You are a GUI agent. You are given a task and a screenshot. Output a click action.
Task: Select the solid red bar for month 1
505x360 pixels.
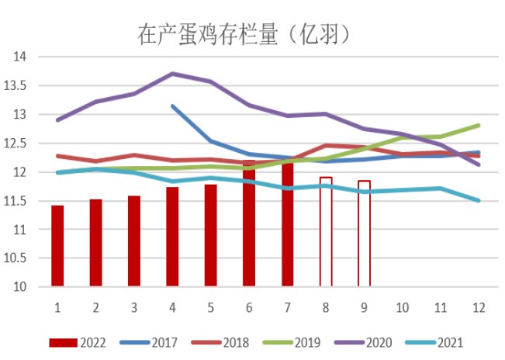coord(57,246)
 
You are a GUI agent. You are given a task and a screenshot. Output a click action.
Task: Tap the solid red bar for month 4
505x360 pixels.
coord(172,237)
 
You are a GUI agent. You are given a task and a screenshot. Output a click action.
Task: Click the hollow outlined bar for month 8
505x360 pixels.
coord(326,232)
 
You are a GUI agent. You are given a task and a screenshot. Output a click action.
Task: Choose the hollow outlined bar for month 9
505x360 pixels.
coord(364,234)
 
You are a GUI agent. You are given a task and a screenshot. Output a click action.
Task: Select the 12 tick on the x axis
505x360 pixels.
coord(479,307)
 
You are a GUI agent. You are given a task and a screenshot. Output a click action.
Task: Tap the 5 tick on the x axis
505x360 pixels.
coord(210,307)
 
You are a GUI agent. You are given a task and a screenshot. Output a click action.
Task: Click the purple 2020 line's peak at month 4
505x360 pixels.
coord(172,74)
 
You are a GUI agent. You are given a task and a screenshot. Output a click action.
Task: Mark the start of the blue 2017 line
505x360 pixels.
coord(172,106)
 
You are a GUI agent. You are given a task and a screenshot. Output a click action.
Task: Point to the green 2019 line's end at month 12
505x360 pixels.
coord(479,125)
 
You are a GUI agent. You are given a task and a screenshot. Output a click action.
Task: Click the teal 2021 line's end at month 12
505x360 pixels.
coord(479,200)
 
